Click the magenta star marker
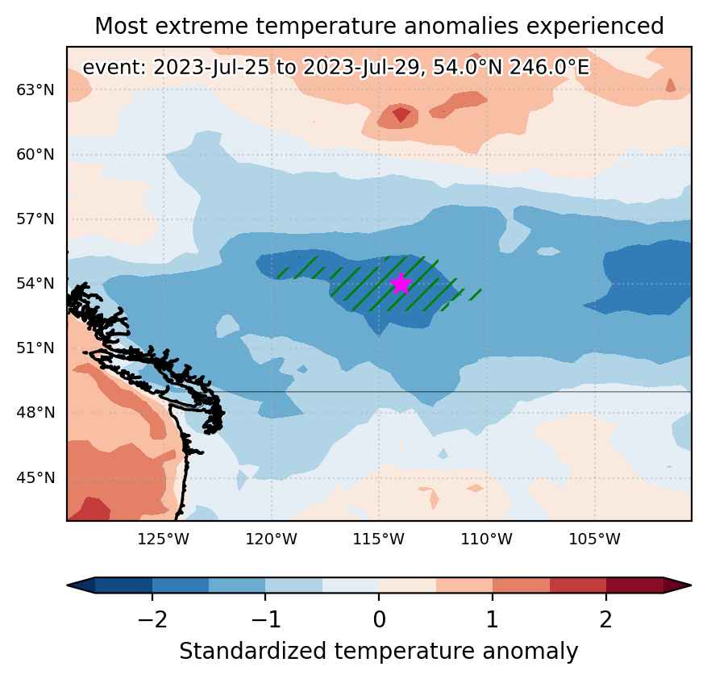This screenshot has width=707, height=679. click(401, 284)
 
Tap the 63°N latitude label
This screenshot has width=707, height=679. click(35, 90)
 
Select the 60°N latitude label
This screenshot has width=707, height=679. click(35, 155)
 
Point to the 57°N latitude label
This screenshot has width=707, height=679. click(35, 219)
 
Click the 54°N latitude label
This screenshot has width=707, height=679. click(35, 284)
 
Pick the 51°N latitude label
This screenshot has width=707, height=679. click(35, 348)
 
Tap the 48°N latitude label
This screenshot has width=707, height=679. click(35, 413)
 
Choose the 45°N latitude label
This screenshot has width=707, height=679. click(35, 477)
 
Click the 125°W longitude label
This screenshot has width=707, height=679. click(163, 539)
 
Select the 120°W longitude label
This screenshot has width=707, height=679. click(271, 539)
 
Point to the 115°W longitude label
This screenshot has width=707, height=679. click(379, 539)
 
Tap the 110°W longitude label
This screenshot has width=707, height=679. click(486, 539)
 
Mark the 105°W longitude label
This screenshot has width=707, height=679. click(595, 539)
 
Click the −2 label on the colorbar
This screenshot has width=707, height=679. click(152, 619)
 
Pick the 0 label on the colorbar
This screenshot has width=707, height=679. click(379, 619)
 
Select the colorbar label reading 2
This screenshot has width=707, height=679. click(606, 619)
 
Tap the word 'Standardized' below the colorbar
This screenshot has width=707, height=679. click(253, 652)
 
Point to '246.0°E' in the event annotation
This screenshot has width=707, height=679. click(549, 68)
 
